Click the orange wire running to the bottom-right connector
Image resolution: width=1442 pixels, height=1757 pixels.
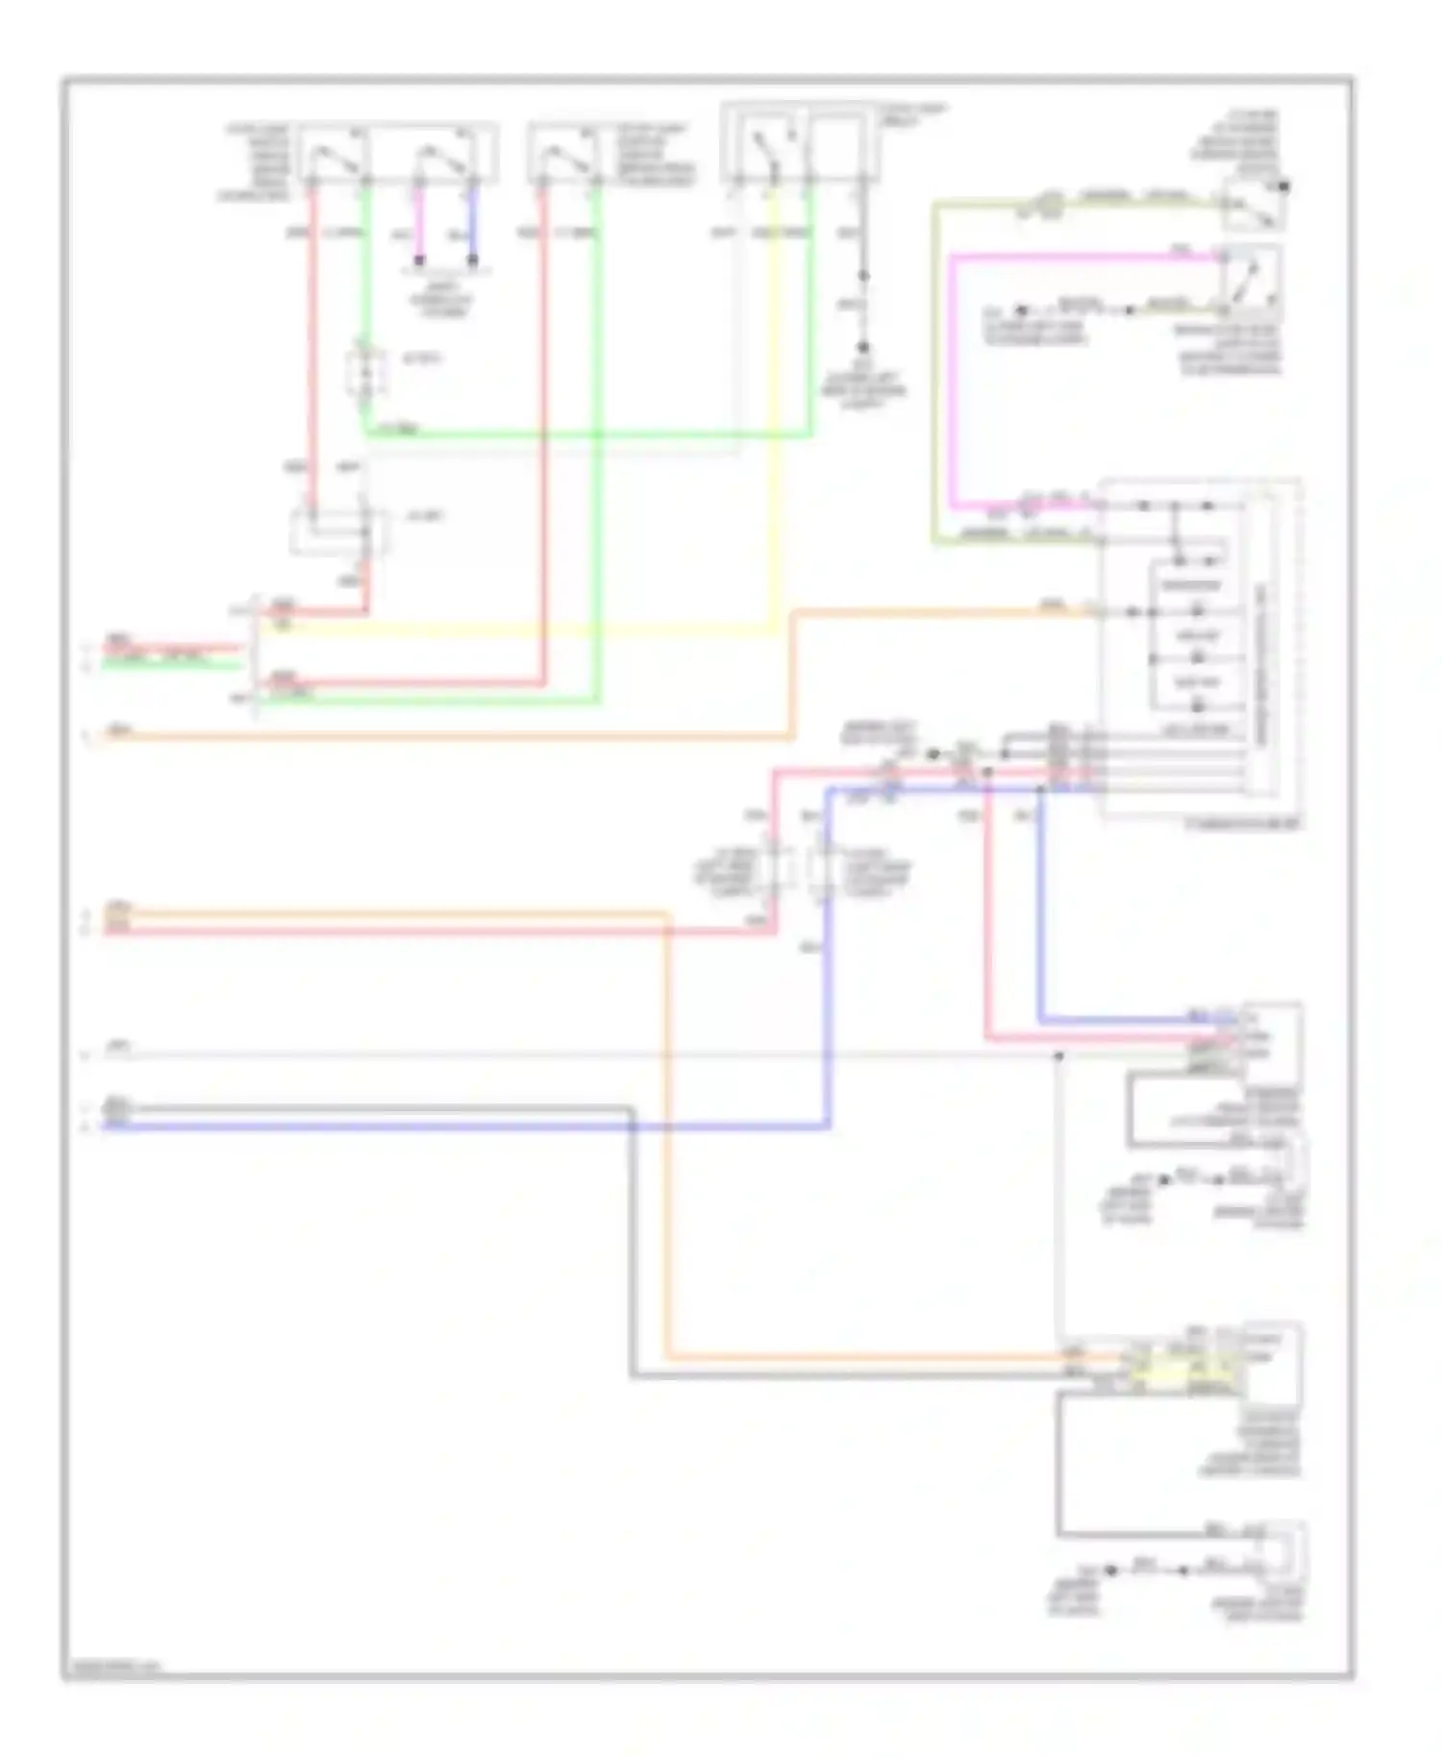tap(667, 1153)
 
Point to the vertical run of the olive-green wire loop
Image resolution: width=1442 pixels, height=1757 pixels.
tap(933, 375)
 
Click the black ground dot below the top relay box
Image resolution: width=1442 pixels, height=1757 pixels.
tap(863, 347)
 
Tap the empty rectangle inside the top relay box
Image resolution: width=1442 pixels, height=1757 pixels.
tap(839, 144)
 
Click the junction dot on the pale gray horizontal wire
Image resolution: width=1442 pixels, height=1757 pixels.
tap(1057, 1055)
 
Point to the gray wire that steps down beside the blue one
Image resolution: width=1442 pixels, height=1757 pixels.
tap(632, 1250)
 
